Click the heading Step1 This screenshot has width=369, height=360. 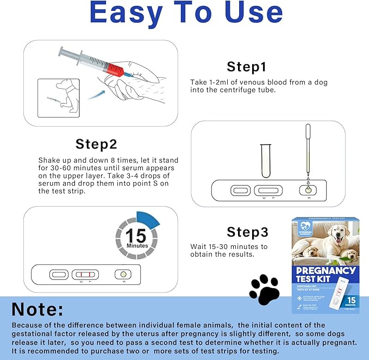point(246,67)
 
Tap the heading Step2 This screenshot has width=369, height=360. point(96,144)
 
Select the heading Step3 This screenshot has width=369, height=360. point(247,232)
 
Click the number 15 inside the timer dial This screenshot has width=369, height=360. point(137,235)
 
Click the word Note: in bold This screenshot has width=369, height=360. point(38,309)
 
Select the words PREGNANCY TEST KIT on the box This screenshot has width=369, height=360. point(327,275)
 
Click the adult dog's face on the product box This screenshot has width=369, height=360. point(341,236)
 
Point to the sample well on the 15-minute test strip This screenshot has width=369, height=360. point(123,274)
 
